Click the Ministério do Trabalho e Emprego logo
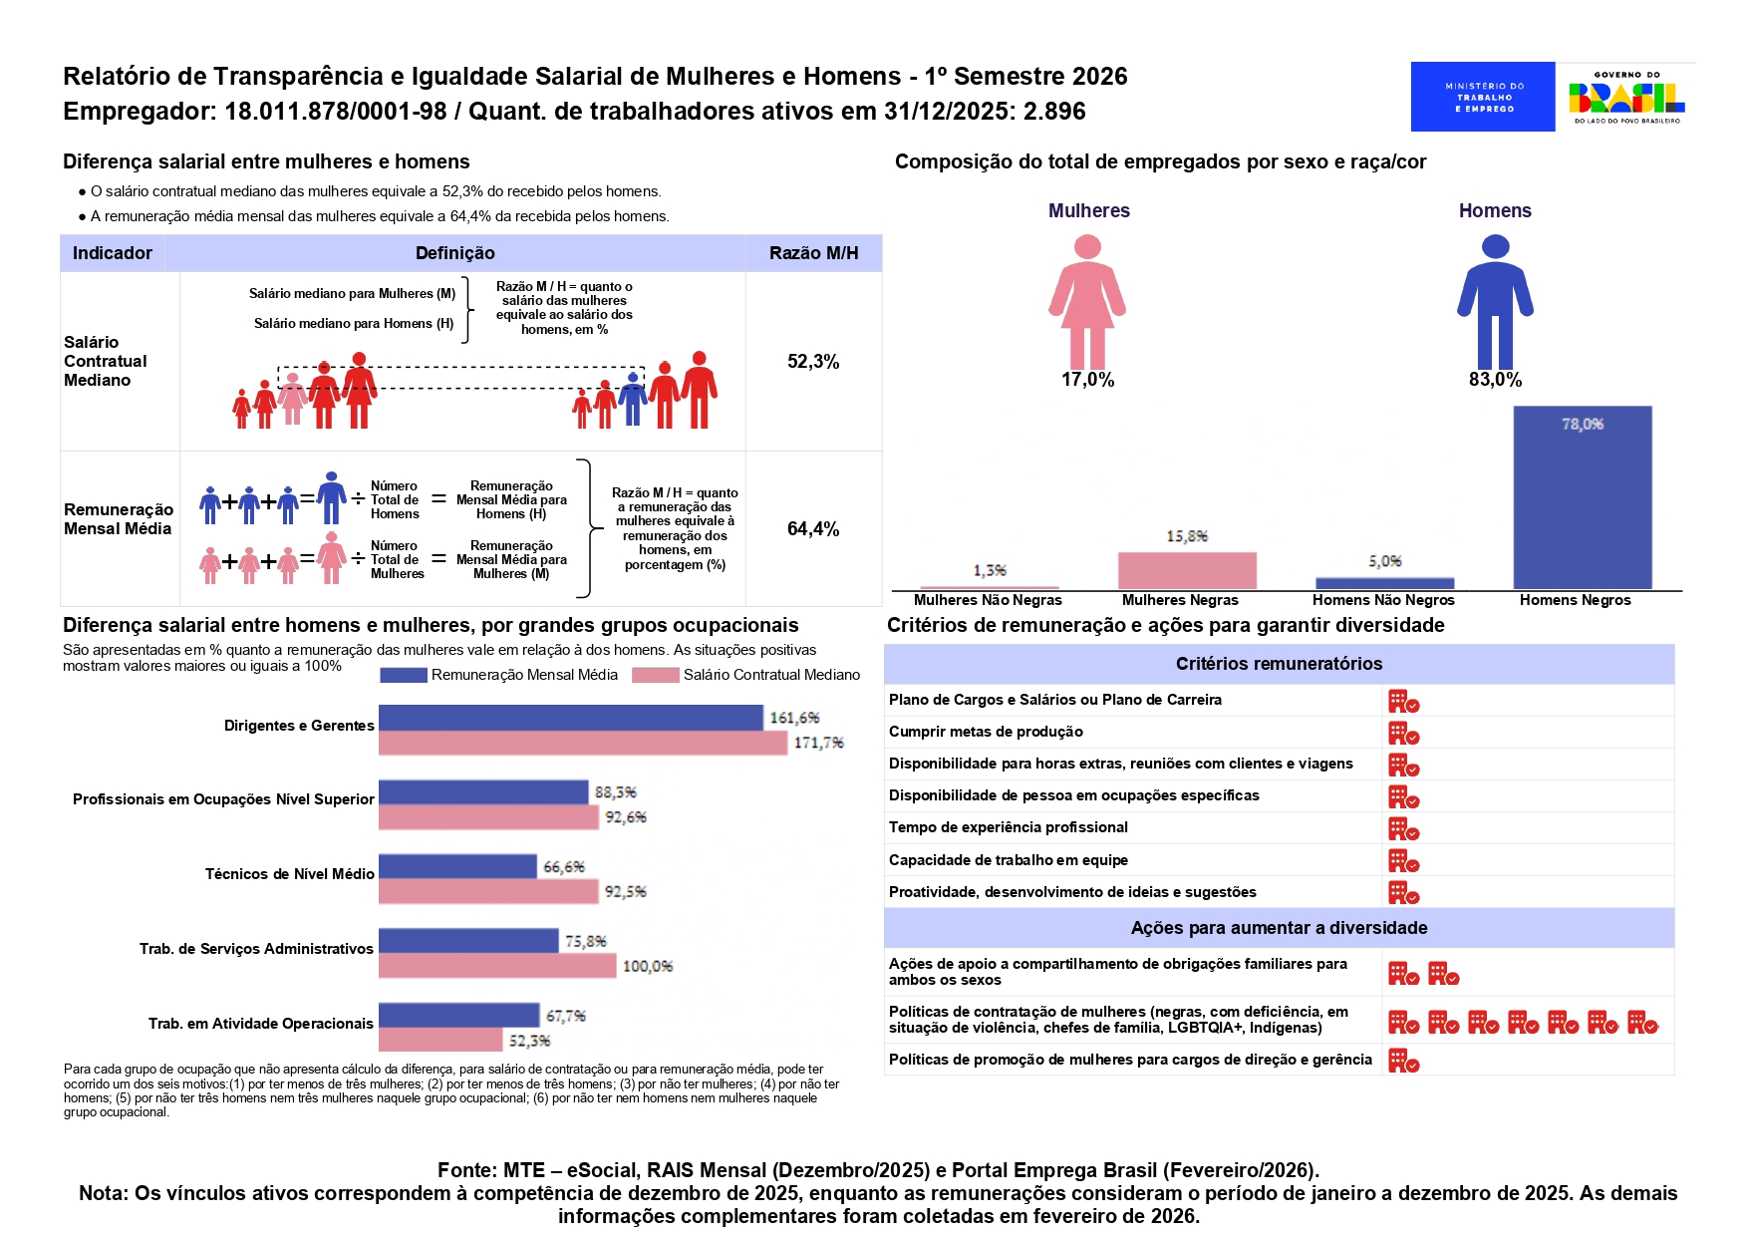(x=1482, y=97)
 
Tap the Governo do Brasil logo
(x=1626, y=97)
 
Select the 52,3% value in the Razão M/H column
(x=813, y=362)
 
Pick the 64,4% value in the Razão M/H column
(x=813, y=529)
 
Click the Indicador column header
(x=113, y=253)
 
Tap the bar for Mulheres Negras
(x=1187, y=570)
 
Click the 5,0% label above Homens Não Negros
(x=1385, y=561)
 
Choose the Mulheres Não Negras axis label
(x=988, y=600)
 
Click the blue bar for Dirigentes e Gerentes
(x=571, y=718)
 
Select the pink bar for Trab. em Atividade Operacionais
(x=440, y=1040)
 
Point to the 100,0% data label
(x=648, y=966)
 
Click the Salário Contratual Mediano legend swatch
(x=655, y=675)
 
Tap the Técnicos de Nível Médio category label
(x=289, y=874)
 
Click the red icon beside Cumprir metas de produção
(x=1403, y=734)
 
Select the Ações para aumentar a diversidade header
(x=1279, y=928)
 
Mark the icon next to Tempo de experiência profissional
(x=1403, y=829)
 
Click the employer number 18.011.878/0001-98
(x=335, y=111)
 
